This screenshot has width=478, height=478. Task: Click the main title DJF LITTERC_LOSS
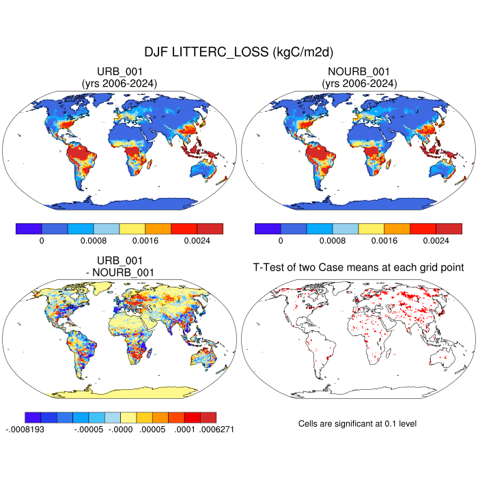[238, 52]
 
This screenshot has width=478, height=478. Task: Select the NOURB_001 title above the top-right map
[358, 72]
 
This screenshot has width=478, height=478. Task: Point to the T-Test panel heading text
[358, 267]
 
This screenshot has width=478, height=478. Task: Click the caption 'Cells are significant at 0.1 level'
[357, 424]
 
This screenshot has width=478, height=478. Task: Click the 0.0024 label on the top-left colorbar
[197, 241]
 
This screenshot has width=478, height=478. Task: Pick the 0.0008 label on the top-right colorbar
[333, 241]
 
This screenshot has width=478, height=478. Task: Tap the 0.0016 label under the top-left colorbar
[145, 241]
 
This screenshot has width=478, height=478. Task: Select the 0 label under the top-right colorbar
[281, 241]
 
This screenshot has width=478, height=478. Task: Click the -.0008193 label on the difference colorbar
[25, 430]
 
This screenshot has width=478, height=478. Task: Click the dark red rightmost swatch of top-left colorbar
[210, 229]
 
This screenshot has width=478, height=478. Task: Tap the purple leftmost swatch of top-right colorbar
[268, 229]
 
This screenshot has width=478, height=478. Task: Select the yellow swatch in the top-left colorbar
[132, 229]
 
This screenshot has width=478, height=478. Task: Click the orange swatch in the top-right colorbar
[397, 229]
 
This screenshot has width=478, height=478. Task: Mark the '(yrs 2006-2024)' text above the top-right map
[358, 83]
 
